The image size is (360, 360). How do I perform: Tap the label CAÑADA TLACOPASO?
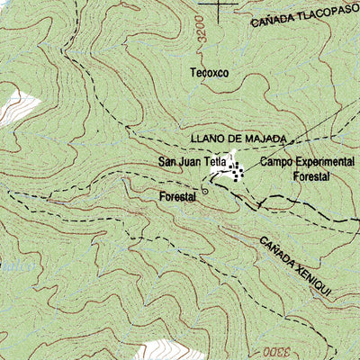pos(303,18)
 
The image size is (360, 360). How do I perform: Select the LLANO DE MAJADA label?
pos(238,139)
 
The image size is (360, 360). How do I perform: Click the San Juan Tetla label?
pos(191,163)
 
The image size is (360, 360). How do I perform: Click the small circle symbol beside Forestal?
pos(205,192)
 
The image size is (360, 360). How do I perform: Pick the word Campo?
pos(277,162)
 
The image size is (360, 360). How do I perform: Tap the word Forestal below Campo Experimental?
pos(311,177)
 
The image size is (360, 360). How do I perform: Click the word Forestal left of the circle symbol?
pos(177,196)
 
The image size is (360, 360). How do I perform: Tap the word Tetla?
pos(213,163)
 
